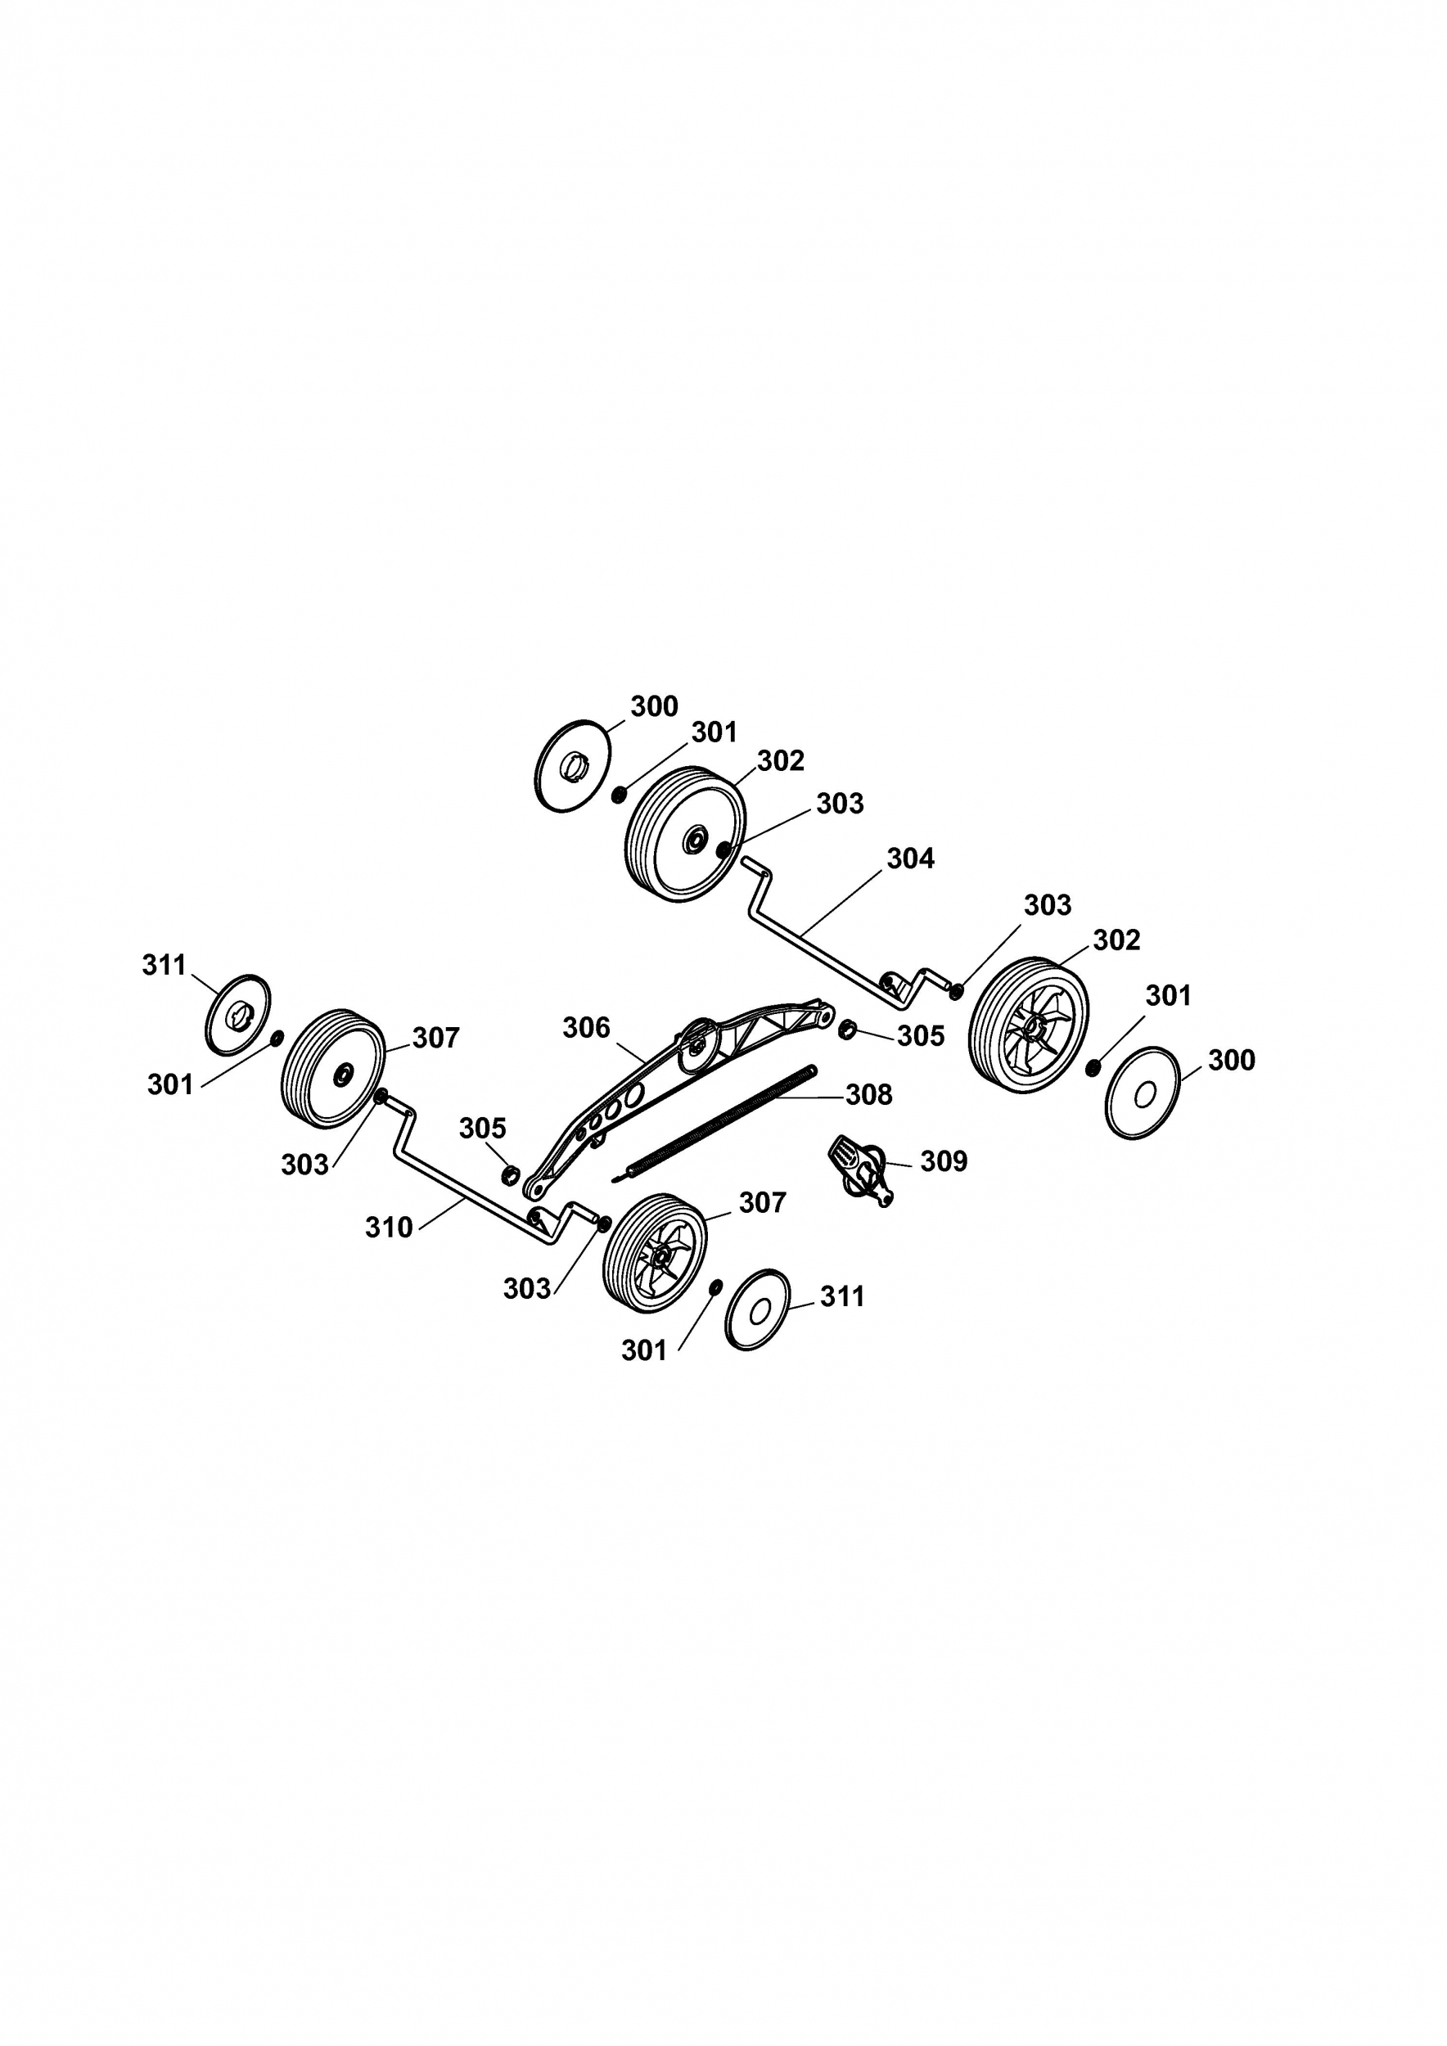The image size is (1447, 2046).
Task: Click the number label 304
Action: click(911, 859)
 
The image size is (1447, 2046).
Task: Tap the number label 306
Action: click(586, 1029)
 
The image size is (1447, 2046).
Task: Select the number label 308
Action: click(868, 1094)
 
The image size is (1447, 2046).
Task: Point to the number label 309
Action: click(944, 1161)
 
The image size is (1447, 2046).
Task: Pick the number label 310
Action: click(390, 1228)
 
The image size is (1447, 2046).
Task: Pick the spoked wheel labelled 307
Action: click(655, 1253)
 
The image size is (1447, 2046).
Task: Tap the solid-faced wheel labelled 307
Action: click(333, 1069)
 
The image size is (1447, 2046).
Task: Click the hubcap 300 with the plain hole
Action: click(1143, 1093)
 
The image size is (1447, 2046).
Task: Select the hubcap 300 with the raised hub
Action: click(574, 765)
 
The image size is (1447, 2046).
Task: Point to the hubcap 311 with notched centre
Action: click(238, 1015)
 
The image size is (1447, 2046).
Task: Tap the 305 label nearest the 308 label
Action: click(921, 1035)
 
